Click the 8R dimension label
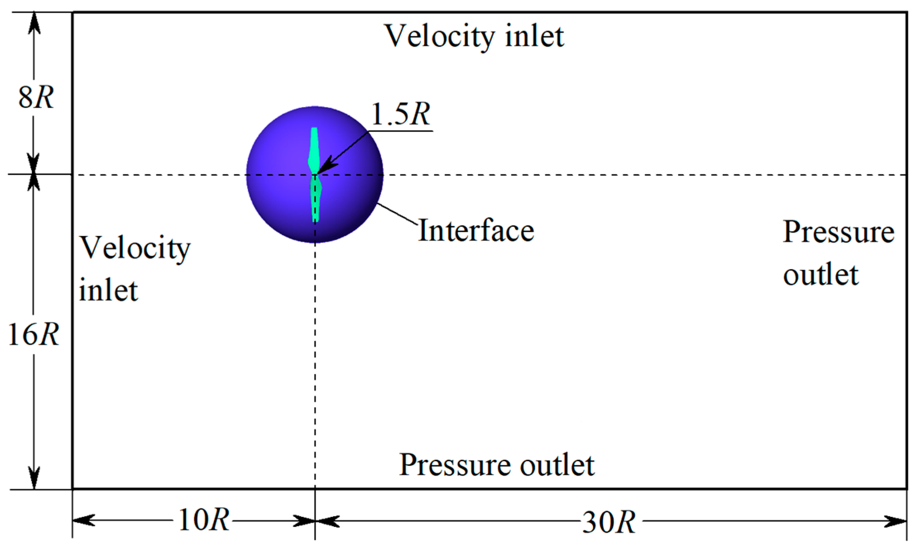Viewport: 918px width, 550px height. point(36,97)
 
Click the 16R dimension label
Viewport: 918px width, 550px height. point(33,334)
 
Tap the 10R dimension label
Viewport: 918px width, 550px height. point(204,520)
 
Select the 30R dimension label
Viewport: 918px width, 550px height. point(609,522)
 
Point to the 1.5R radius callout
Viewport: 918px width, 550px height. point(400,114)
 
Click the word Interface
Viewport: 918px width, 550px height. point(476,231)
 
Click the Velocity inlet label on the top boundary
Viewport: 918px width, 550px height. point(475,37)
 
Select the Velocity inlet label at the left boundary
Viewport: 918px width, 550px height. point(134,268)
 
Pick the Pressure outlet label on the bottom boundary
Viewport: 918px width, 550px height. point(496,465)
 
